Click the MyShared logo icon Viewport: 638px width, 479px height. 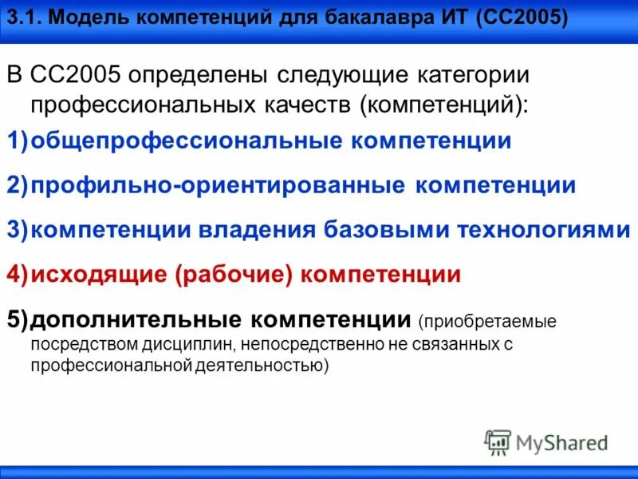tap(498, 441)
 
